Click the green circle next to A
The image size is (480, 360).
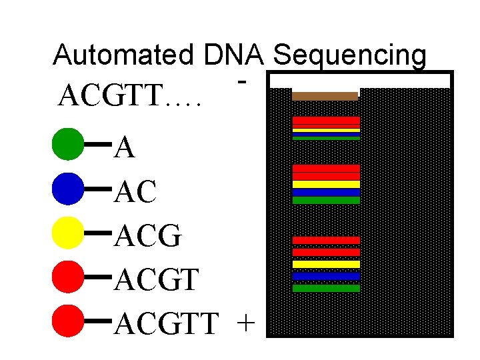[x=67, y=145]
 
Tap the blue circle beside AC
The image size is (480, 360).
[x=67, y=189]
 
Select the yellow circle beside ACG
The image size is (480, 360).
[x=67, y=233]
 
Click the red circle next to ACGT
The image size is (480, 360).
[x=67, y=277]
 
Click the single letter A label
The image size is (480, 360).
[x=125, y=149]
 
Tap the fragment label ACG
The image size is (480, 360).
[x=148, y=237]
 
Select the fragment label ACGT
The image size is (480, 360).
[x=156, y=281]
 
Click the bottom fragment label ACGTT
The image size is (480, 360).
[x=166, y=325]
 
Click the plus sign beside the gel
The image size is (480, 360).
[x=245, y=324]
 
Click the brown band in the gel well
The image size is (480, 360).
[x=325, y=96]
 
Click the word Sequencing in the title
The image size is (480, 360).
[x=350, y=56]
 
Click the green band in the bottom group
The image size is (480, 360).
[x=326, y=289]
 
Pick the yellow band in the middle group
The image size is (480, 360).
[x=326, y=184]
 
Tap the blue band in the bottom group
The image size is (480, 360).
[x=326, y=276]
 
